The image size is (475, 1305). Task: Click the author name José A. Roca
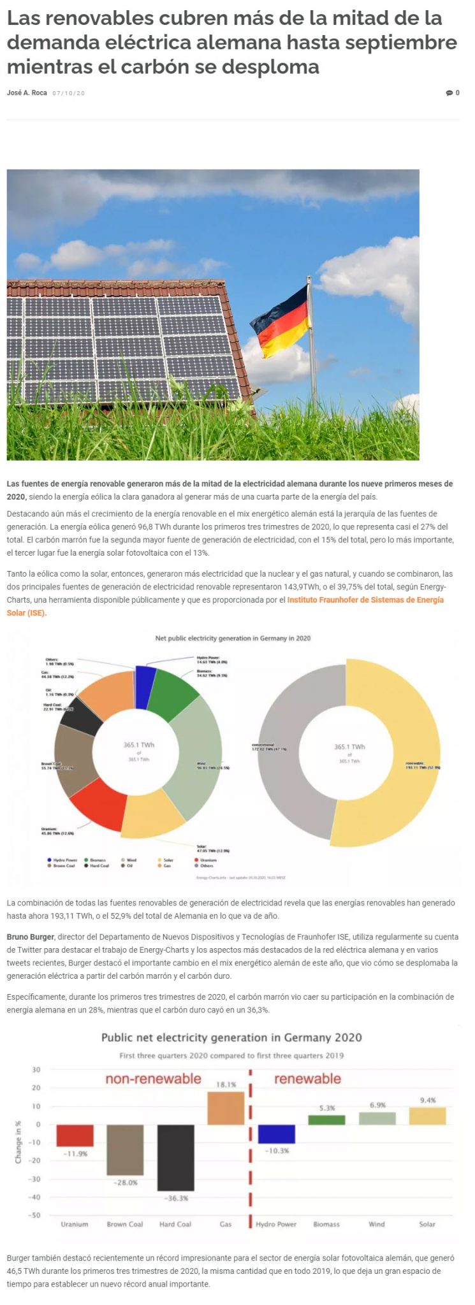coord(27,93)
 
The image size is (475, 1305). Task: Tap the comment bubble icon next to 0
coord(449,93)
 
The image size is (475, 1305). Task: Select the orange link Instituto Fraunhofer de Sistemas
coord(365,600)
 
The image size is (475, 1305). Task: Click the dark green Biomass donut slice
coord(175,693)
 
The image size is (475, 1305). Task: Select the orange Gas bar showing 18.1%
coord(226,1108)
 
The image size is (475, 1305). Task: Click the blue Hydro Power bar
coord(276,1134)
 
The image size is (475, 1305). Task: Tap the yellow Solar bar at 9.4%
coord(427,1116)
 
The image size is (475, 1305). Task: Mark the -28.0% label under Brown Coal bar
coord(125,1183)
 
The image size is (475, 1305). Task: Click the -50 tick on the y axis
coord(36,1215)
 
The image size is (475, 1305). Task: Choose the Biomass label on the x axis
coord(326,1224)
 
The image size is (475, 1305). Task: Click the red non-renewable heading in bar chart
coord(153,1079)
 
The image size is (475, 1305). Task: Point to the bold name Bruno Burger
coord(30,937)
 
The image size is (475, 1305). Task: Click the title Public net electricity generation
coord(231,1037)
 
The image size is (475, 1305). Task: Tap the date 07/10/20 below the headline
coord(68,94)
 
